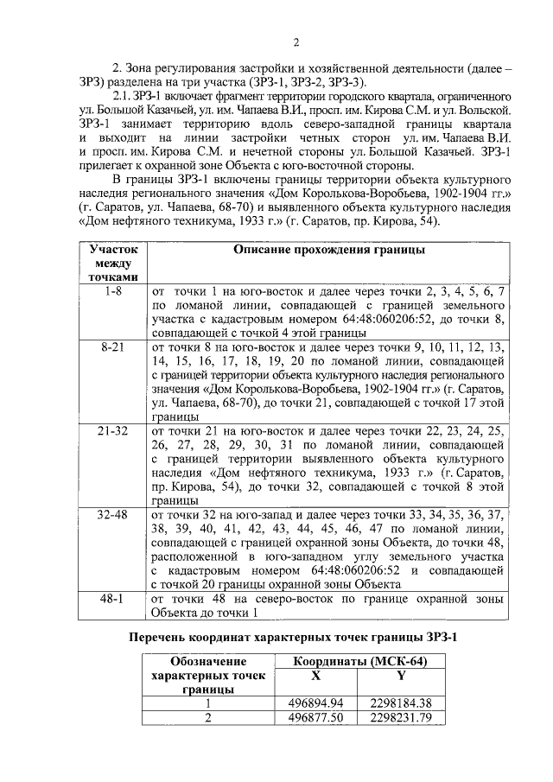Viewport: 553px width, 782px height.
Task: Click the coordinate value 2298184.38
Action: (400, 703)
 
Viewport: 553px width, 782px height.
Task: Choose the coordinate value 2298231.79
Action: (400, 717)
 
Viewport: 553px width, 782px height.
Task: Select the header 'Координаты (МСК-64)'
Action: (359, 661)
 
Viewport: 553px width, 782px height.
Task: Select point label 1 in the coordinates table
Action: (207, 703)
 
